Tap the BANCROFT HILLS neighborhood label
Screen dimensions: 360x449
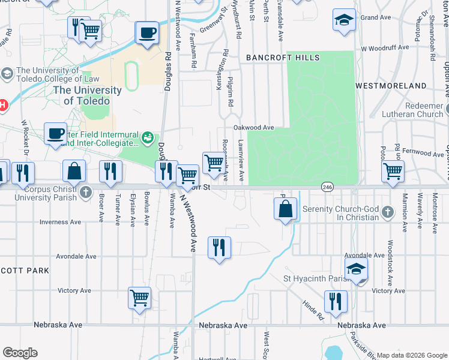(x=283, y=58)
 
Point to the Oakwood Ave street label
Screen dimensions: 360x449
(x=253, y=128)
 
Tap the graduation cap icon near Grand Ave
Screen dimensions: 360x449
(x=344, y=20)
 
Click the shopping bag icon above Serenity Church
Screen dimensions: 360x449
(x=286, y=209)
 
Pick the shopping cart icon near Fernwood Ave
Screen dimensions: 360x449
(x=393, y=171)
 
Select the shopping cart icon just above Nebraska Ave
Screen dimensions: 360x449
(x=140, y=297)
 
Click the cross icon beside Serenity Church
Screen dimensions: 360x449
(x=388, y=212)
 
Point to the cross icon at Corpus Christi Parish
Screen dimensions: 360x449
(x=86, y=192)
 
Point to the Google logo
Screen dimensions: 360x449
(x=20, y=353)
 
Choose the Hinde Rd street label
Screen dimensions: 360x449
(x=313, y=310)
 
